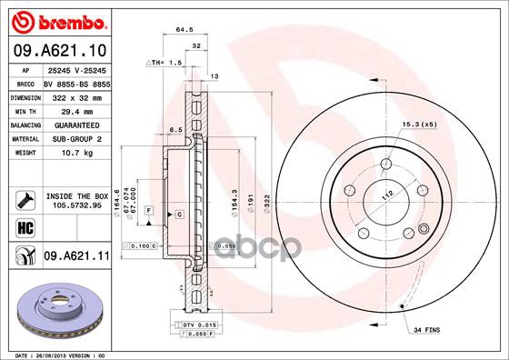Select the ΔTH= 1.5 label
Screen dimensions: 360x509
(x=165, y=63)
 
